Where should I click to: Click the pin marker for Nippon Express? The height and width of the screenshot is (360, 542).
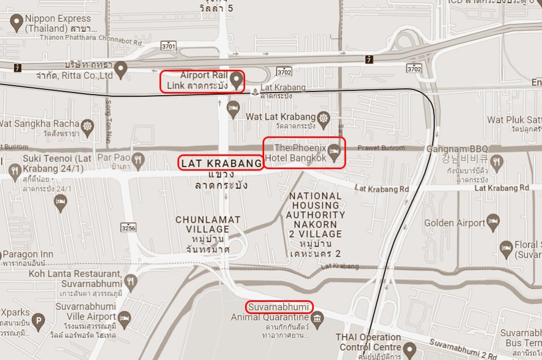point(16,22)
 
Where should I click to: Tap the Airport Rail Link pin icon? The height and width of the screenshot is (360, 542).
point(236,79)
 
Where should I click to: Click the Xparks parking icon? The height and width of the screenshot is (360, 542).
point(38,320)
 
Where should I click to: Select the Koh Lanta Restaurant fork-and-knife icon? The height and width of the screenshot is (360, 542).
point(130,280)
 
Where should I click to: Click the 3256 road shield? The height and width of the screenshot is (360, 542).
point(128,228)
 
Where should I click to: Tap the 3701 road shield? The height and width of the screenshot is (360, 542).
point(169,47)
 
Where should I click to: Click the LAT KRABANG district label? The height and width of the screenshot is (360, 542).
point(221,164)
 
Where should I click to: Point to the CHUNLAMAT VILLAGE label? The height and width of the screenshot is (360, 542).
point(208,224)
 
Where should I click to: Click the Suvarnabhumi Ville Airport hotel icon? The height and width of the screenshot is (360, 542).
point(124,318)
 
